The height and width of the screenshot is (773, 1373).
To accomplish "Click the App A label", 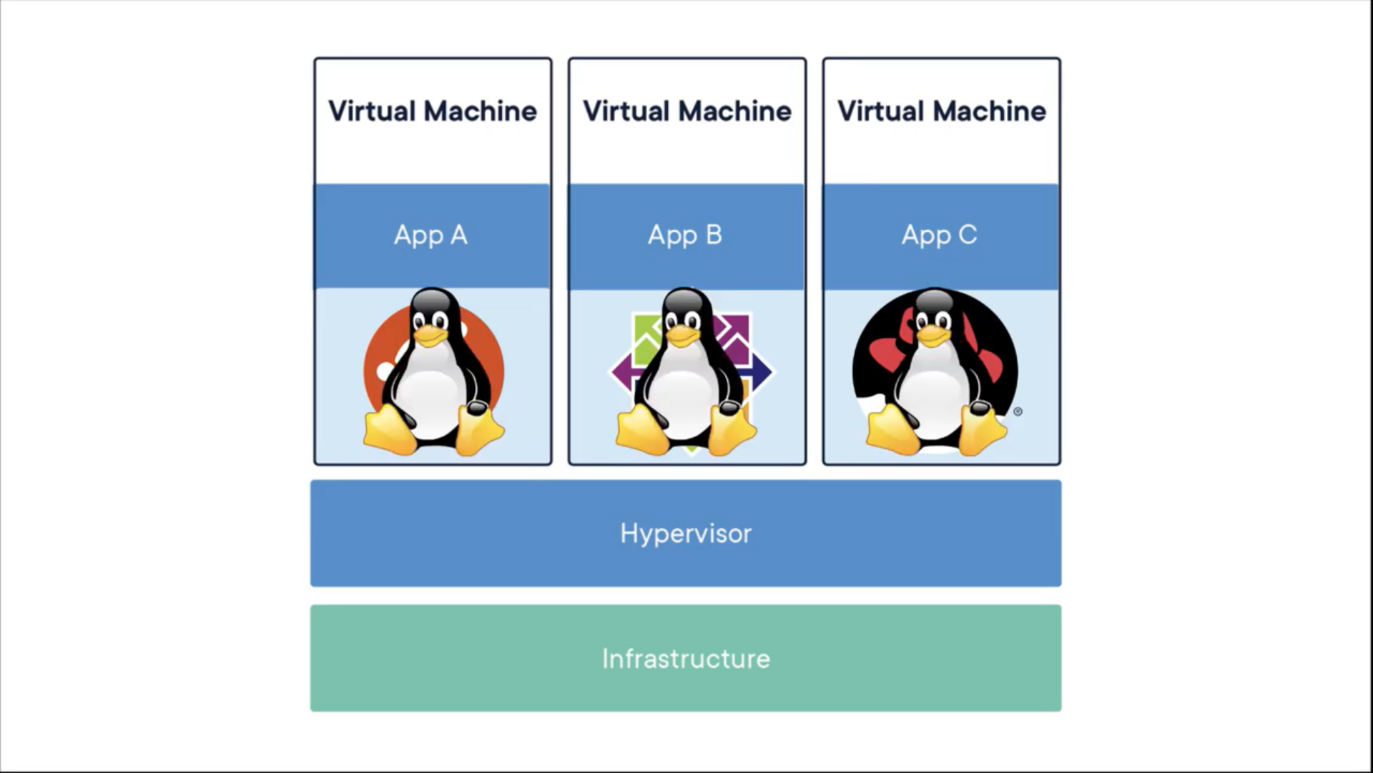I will point(430,235).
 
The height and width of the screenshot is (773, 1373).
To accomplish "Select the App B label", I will point(685,235).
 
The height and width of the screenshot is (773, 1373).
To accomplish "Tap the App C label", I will point(939,235).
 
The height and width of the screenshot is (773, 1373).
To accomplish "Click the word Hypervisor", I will point(686,533).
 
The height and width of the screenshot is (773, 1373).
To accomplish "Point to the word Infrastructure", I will point(686,658).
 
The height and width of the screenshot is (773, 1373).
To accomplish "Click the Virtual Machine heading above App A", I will point(433,111).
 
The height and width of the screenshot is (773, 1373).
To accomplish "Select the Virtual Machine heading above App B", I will point(687,111).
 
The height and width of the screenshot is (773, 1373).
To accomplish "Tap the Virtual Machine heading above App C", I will point(942,111).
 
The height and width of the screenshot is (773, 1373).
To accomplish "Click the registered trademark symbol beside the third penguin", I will point(1018,412).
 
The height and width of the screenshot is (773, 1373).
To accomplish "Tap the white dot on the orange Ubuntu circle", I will point(385,371).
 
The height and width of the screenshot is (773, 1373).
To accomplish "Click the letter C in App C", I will point(968,235).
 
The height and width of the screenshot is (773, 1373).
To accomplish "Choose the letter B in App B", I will point(714,235).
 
